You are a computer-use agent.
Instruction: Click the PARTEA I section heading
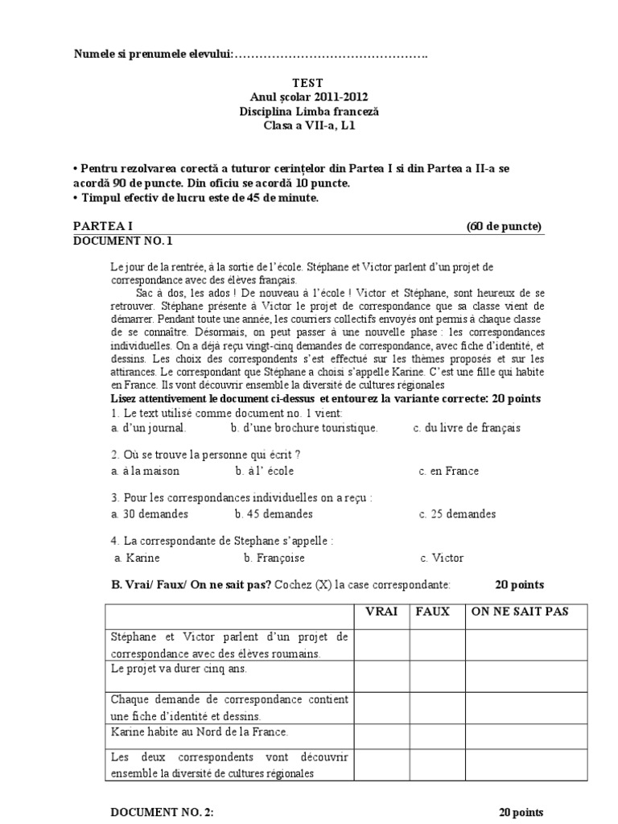105,226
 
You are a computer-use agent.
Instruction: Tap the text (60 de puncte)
505,226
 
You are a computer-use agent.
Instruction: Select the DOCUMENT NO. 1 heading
123,241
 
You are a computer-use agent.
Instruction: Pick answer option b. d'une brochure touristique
303,428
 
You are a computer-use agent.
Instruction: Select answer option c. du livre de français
467,428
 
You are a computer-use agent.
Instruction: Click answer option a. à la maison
145,472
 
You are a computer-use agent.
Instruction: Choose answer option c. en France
448,472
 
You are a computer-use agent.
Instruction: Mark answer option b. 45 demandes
274,514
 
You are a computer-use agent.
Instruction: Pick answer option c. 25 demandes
457,514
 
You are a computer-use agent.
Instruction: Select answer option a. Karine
138,558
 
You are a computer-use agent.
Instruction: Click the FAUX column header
433,612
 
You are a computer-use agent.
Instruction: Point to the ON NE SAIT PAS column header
520,612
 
